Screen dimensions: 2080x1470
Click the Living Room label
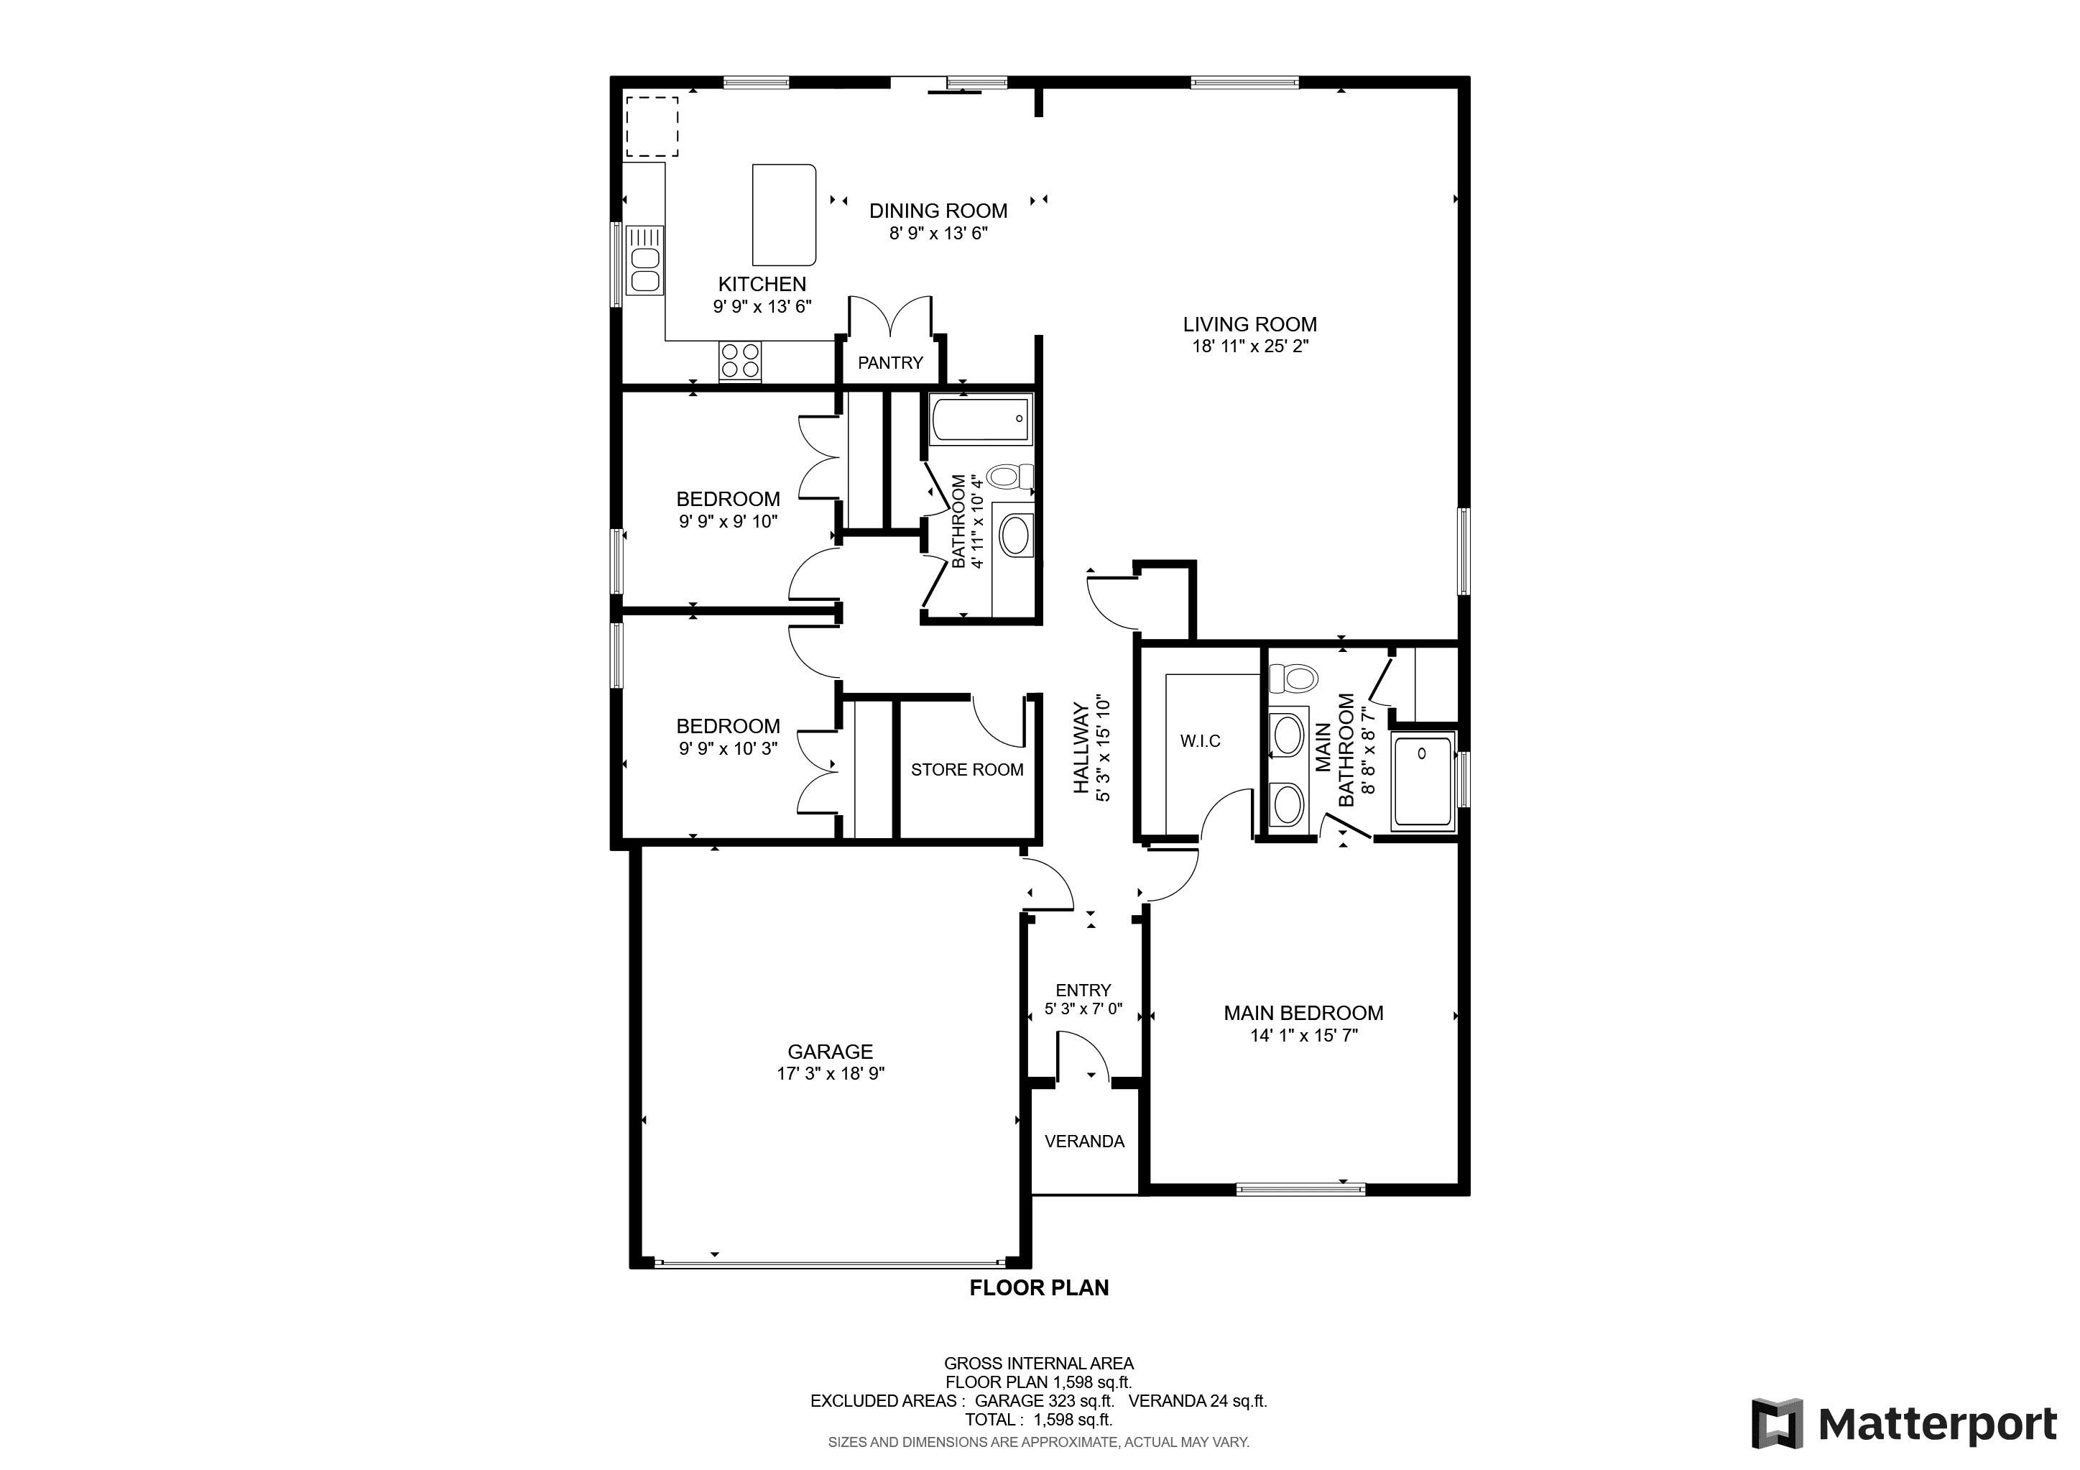(x=1249, y=324)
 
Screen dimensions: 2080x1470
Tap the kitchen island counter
(x=785, y=214)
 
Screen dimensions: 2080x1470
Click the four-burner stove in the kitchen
(x=740, y=361)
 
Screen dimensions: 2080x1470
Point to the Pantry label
(x=890, y=362)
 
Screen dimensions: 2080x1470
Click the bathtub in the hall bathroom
(x=981, y=420)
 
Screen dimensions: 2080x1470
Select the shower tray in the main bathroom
(x=1423, y=781)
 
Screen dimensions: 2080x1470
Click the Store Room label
(x=966, y=769)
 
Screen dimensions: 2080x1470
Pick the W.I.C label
(x=1201, y=741)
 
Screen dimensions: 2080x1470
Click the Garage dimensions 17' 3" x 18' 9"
(x=830, y=1074)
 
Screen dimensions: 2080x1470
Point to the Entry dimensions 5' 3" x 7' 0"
(x=1083, y=1009)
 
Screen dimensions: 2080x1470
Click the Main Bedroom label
(x=1303, y=1014)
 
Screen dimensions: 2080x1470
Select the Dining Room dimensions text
(x=938, y=233)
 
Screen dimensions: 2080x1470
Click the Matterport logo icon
(x=1778, y=1424)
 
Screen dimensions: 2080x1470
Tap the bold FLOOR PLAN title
(x=1039, y=1288)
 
